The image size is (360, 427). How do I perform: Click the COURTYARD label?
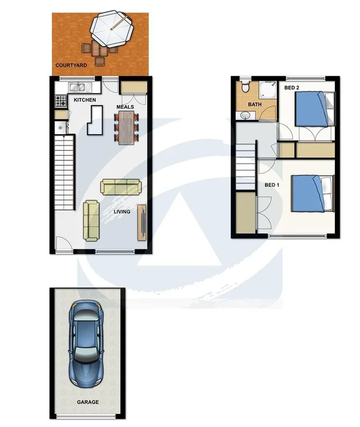pos(71,66)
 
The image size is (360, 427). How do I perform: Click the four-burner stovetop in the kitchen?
pos(60,101)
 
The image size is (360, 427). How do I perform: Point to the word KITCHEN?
pos(85,101)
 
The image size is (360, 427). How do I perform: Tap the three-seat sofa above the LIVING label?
pos(119,187)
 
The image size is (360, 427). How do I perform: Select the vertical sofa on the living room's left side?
pos(91,220)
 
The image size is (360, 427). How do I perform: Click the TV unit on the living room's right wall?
pos(142,222)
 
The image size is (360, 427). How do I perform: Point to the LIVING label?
pos(122,211)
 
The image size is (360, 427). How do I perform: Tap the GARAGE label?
pos(87,403)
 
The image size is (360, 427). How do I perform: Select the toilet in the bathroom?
pos(245,87)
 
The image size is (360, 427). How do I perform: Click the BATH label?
pos(255,104)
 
